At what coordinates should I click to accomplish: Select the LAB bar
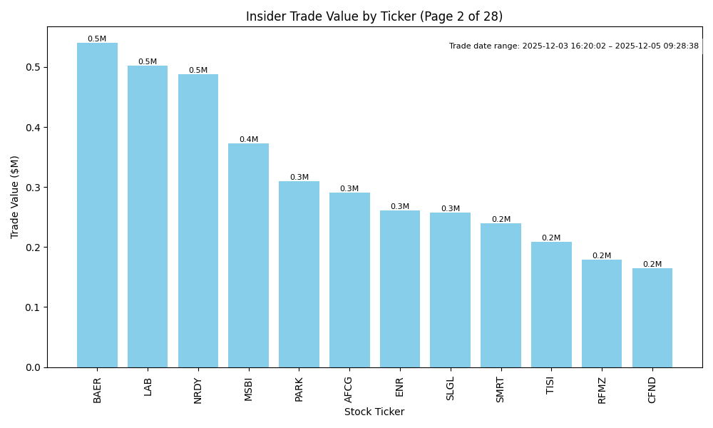148,217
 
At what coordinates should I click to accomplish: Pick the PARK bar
299,275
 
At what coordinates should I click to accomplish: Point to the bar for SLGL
450,290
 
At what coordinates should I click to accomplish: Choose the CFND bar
652,317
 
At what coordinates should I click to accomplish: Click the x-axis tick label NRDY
198,390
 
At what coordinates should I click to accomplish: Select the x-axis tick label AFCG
349,389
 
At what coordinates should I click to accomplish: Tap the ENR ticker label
400,387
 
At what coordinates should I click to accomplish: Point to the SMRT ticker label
501,390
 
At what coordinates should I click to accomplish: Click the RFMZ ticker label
602,390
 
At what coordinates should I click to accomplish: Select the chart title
374,16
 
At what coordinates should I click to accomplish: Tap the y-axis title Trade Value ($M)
15,197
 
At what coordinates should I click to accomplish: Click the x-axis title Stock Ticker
374,412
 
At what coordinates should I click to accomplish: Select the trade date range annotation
574,46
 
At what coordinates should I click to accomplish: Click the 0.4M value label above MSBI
249,140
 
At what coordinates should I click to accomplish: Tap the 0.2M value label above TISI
551,238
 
